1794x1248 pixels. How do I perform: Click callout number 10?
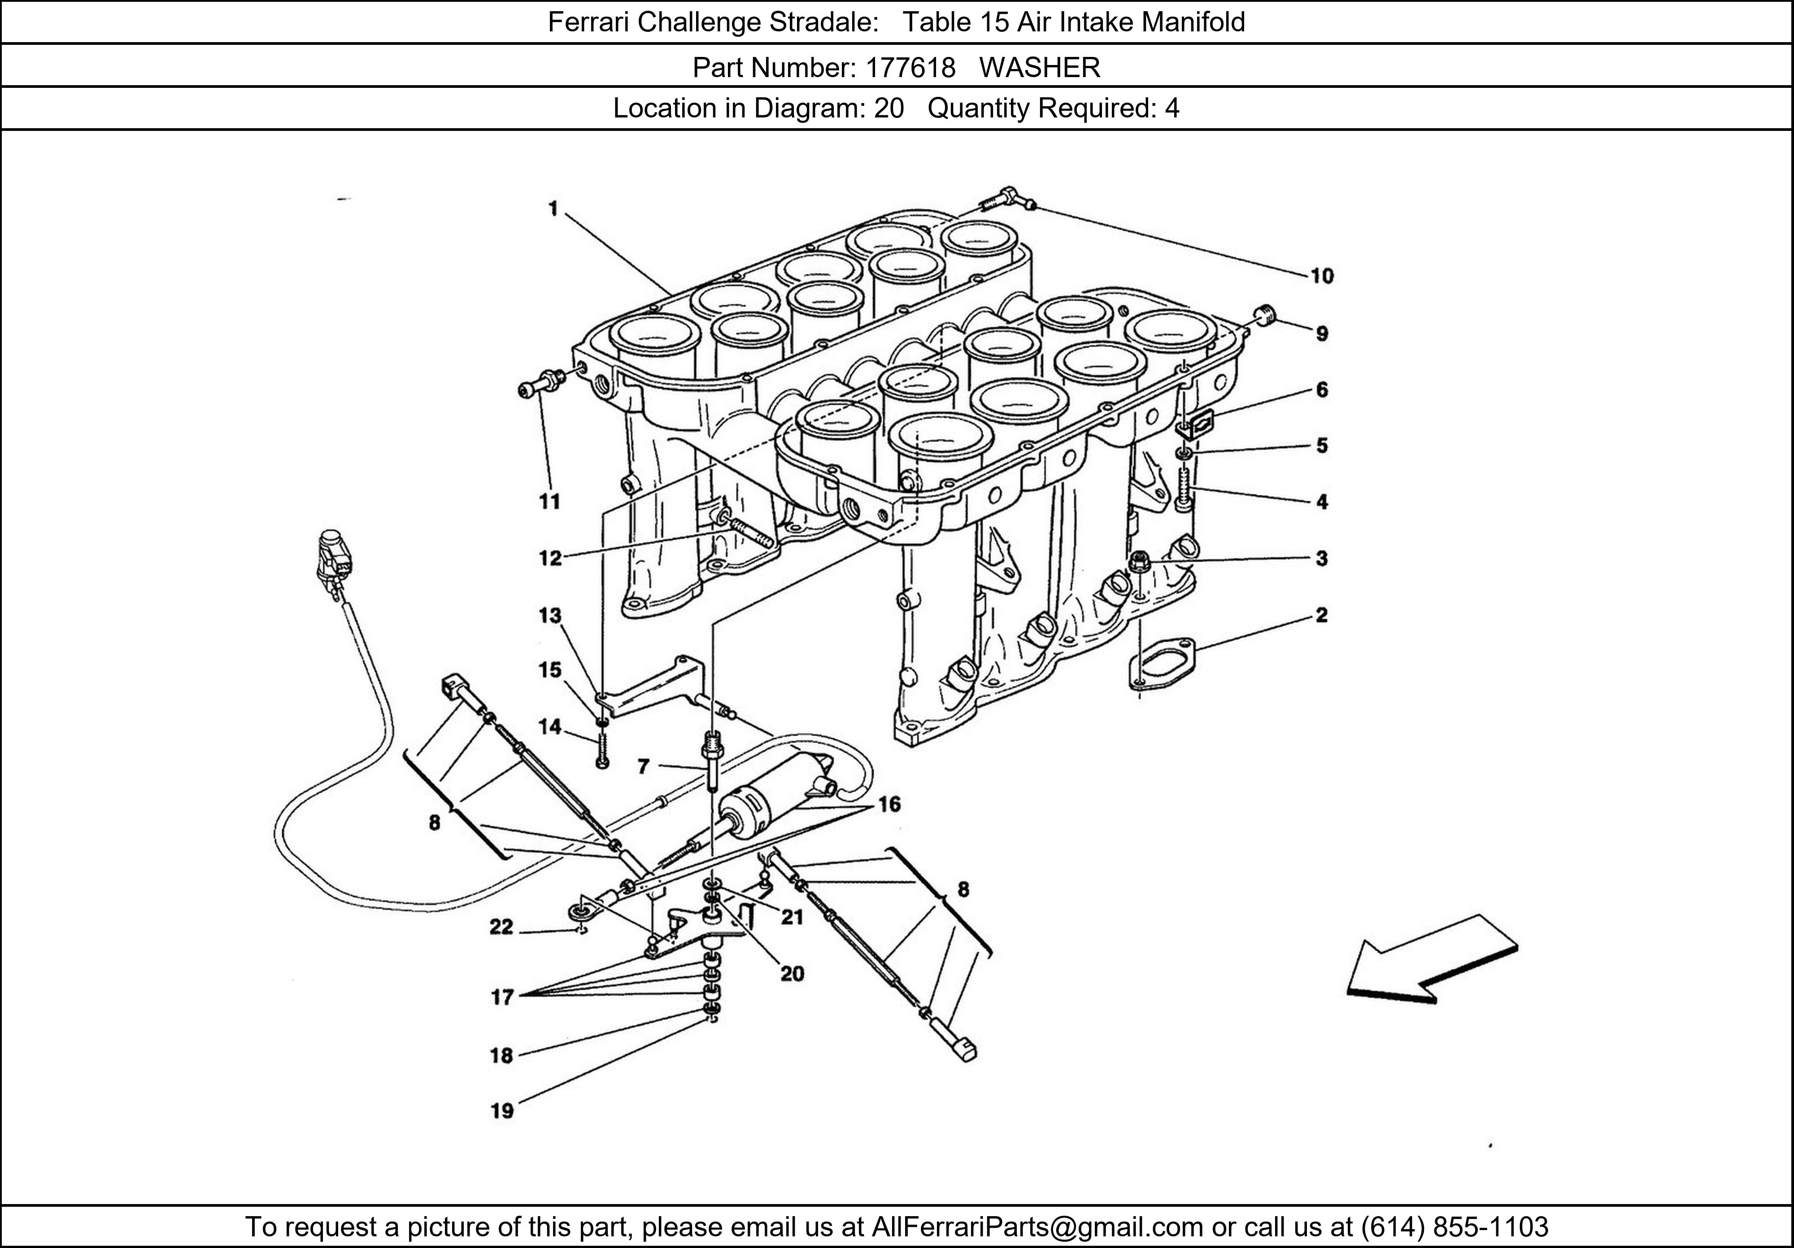[x=1321, y=276]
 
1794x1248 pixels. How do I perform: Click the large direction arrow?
[x=1432, y=959]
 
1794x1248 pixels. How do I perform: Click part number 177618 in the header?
[x=910, y=68]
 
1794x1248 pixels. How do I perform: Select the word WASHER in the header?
[x=1040, y=68]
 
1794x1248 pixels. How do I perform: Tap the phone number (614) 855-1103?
[x=1454, y=1227]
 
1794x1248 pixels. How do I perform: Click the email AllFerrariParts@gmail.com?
[x=1037, y=1227]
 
